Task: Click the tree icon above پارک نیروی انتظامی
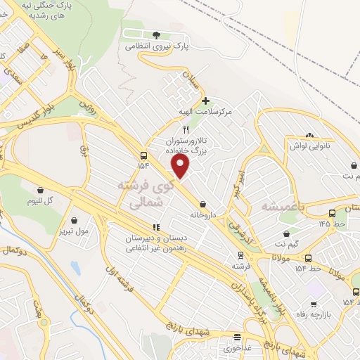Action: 156,35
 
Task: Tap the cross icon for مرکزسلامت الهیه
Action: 205,101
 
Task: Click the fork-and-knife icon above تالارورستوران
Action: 186,129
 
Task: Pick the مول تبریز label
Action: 74,229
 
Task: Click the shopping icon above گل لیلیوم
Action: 40,189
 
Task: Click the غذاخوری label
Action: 238,347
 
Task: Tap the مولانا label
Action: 282,257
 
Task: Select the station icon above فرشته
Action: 241,256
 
